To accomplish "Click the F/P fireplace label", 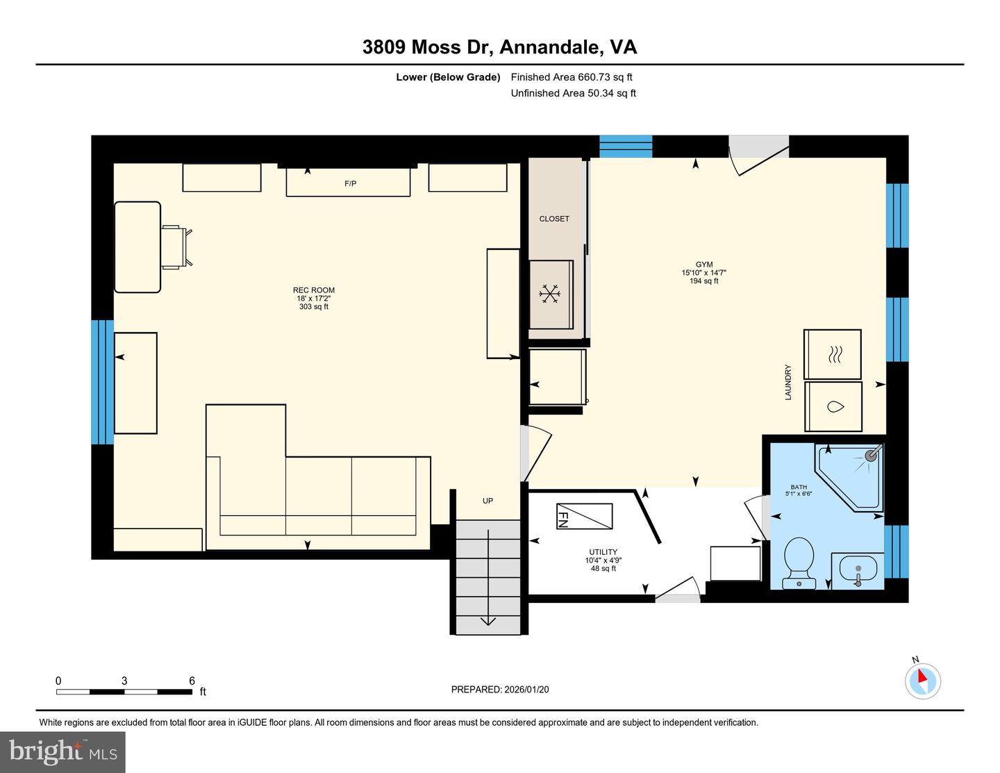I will (x=350, y=183).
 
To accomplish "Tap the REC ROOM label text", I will (x=313, y=290).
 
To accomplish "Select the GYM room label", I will (x=703, y=265).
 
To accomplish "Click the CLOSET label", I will (x=554, y=219).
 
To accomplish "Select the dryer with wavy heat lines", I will (x=833, y=354).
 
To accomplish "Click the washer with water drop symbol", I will (x=833, y=407).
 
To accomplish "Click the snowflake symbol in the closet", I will (x=550, y=294).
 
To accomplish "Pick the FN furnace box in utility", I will (x=584, y=516).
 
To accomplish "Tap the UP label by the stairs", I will (x=487, y=501).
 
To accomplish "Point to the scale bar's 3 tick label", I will (x=124, y=681).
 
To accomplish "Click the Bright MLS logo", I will (x=62, y=752).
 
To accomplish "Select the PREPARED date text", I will (x=499, y=690).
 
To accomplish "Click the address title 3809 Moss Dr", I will (x=499, y=47).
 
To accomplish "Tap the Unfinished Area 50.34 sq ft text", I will (x=573, y=93).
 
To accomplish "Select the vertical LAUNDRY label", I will (x=788, y=382).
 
